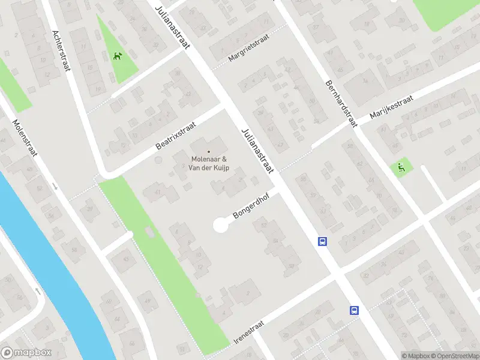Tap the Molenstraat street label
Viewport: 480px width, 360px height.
[x=25, y=137]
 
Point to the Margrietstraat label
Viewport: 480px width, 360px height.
[x=248, y=48]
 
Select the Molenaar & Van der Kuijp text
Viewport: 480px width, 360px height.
[x=209, y=163]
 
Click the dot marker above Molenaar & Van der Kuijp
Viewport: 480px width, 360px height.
[x=209, y=151]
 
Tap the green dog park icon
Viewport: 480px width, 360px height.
[x=118, y=56]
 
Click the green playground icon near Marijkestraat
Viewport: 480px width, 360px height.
[x=400, y=167]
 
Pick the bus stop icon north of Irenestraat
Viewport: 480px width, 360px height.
[x=322, y=241]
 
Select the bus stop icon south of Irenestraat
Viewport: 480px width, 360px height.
[x=355, y=310]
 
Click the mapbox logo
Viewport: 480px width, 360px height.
[x=26, y=353]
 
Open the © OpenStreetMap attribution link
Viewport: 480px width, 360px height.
[x=455, y=356]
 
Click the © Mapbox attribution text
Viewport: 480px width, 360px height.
[x=416, y=356]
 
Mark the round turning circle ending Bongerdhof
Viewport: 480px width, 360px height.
[x=221, y=226]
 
